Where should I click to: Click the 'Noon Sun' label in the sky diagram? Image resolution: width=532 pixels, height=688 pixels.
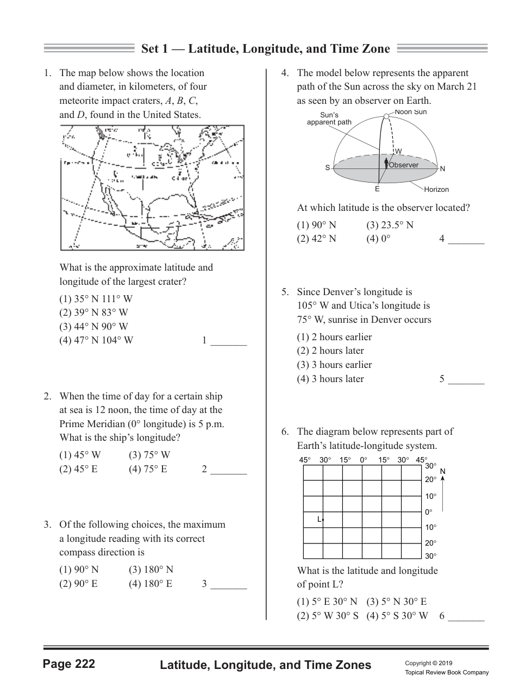411,112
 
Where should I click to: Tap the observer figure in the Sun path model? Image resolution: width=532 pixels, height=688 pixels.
386,164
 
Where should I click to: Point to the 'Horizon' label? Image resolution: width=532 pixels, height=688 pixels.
436,190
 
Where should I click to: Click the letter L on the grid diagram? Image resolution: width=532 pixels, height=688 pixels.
320,520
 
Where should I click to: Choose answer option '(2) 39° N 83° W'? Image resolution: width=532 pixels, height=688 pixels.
93,312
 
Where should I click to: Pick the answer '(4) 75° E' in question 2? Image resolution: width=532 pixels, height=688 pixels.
148,469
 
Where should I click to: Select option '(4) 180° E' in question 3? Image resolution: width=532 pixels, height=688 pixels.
151,584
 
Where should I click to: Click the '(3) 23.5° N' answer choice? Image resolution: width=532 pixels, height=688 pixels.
390,225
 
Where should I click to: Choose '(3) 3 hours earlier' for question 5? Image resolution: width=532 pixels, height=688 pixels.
334,365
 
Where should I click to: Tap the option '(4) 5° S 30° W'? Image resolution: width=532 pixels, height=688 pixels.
397,616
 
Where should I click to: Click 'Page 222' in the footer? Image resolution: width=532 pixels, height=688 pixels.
69,664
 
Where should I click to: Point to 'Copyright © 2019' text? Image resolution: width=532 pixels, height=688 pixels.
428,663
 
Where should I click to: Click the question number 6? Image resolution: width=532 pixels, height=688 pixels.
285,432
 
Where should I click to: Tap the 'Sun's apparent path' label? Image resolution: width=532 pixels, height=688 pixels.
329,118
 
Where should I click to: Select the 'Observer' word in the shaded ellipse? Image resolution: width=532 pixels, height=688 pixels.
404,165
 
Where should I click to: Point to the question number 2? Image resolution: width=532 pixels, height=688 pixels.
47,397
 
